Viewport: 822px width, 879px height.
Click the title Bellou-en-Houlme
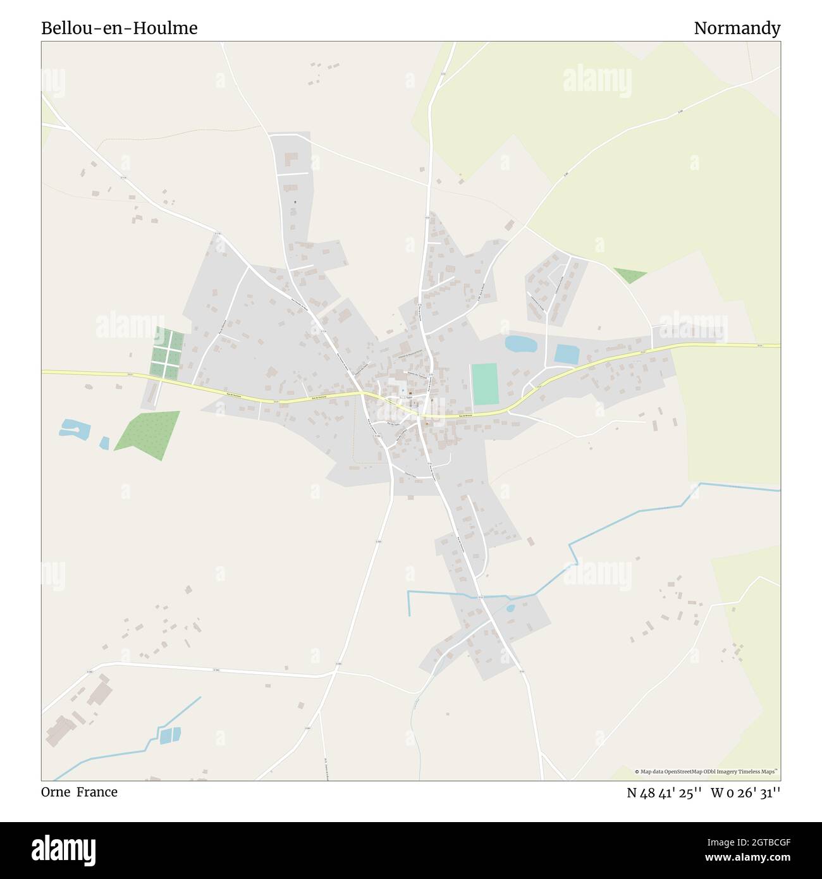(120, 28)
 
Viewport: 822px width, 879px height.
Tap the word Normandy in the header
(737, 28)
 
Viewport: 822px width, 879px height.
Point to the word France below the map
(97, 792)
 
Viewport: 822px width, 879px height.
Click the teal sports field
(485, 384)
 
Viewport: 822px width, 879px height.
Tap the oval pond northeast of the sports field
(520, 344)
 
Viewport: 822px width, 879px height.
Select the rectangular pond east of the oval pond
(566, 354)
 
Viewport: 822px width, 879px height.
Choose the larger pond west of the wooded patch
(74, 429)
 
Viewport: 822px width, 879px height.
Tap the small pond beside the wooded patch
(104, 443)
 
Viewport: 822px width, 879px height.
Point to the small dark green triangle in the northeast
(629, 276)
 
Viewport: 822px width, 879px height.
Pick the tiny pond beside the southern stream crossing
(510, 608)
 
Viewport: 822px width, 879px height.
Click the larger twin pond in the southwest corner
(170, 735)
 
